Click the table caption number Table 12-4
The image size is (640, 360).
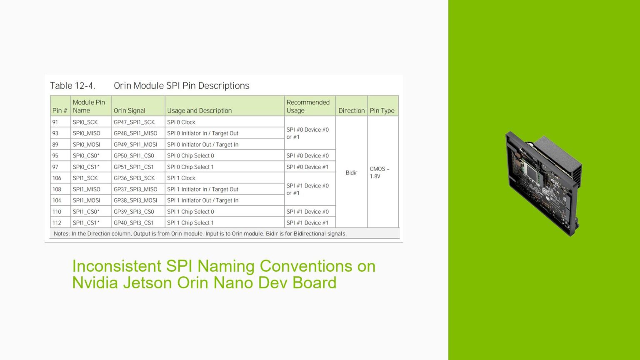click(72, 86)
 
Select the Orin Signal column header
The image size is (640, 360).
click(130, 110)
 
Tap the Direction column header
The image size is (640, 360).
click(351, 110)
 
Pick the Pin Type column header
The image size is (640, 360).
click(382, 110)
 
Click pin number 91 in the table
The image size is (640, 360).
click(55, 122)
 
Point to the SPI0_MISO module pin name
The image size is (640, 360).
click(86, 133)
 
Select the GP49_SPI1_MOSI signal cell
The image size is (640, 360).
click(135, 145)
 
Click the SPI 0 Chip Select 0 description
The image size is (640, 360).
click(190, 156)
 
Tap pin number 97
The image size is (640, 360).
click(55, 167)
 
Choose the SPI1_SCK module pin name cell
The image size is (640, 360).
click(85, 178)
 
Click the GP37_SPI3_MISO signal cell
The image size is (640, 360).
click(135, 189)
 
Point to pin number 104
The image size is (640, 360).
click(57, 200)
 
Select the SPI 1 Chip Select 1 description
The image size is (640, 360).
click(190, 223)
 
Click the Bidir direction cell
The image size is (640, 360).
click(351, 172)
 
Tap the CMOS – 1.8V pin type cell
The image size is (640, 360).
click(379, 172)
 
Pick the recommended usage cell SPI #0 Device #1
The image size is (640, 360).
click(307, 167)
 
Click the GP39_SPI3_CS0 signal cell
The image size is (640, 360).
click(134, 212)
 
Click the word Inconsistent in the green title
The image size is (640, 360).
click(117, 266)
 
